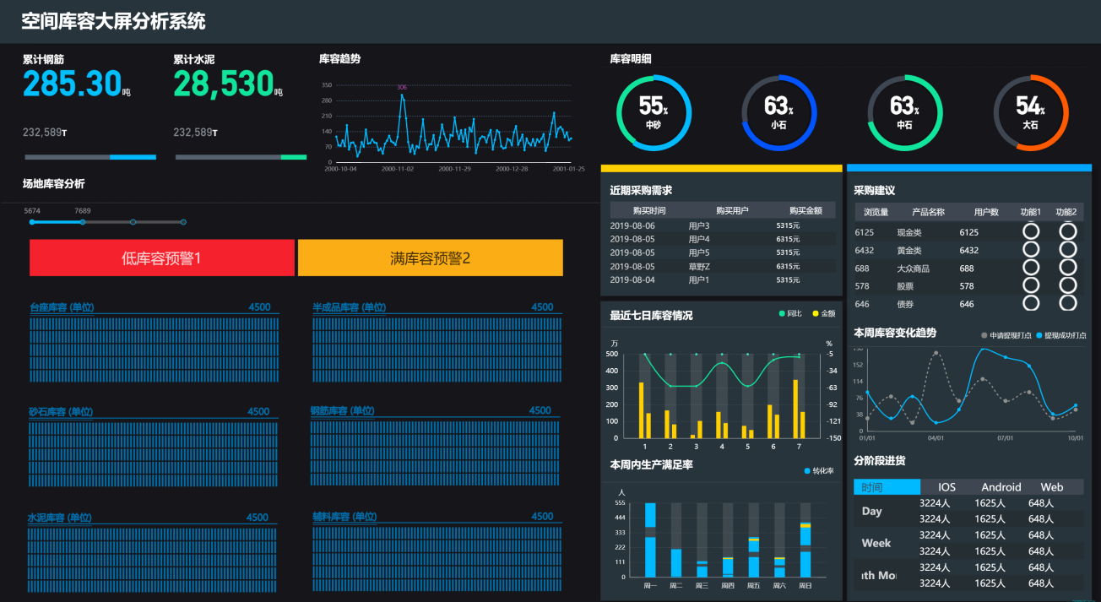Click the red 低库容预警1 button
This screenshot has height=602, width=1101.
coord(161,258)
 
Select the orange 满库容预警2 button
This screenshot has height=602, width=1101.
coord(430,258)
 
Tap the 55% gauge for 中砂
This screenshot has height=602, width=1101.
coord(654,112)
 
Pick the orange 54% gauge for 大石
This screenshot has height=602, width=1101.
coord(1030,112)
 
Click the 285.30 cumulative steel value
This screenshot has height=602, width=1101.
coord(73,84)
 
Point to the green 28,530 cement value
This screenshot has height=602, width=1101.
coord(224,84)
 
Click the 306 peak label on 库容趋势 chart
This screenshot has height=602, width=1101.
coord(402,87)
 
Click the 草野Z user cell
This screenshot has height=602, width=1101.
coord(699,266)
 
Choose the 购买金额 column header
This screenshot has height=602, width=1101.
coord(805,210)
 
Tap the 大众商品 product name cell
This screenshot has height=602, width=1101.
coord(913,268)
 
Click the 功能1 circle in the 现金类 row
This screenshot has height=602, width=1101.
coord(1030,231)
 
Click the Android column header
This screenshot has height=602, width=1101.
coord(1001,487)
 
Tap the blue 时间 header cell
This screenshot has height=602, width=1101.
coord(887,487)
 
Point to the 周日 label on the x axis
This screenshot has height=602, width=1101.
coord(805,585)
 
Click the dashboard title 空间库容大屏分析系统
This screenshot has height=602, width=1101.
coord(113,21)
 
